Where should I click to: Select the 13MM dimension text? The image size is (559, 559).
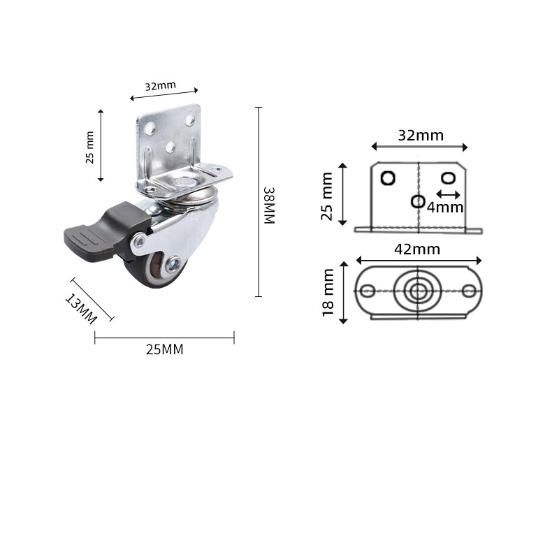(x=80, y=308)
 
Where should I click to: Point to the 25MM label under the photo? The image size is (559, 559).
(x=164, y=350)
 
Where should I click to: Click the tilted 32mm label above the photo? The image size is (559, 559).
(x=161, y=86)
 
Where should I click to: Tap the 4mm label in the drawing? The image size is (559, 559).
(x=445, y=207)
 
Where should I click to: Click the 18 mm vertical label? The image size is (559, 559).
(x=328, y=293)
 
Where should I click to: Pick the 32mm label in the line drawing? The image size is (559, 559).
(x=421, y=136)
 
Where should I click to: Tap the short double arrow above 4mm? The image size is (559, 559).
(x=448, y=194)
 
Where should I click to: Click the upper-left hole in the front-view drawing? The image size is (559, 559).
(x=388, y=177)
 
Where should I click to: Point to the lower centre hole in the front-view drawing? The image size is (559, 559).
(x=418, y=201)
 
